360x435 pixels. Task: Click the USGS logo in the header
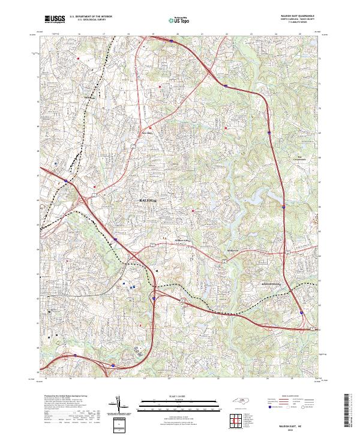click(x=55, y=20)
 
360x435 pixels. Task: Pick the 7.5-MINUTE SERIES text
click(x=298, y=23)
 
